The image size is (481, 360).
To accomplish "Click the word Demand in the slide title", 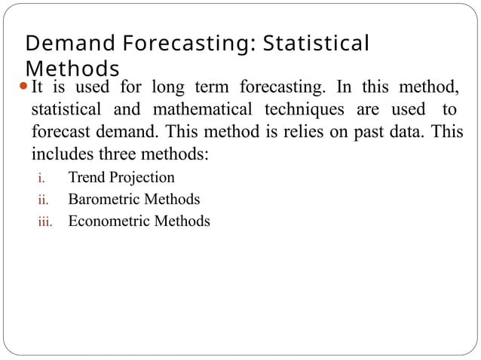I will (62, 43).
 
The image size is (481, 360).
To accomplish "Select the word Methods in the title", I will (72, 67).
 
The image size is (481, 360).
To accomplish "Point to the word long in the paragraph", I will (176, 86).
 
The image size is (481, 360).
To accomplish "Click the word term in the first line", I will (221, 86).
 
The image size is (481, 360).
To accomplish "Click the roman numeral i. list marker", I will (42, 179).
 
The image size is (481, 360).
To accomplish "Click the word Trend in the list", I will (85, 178).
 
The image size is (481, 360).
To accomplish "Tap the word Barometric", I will (105, 200).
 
